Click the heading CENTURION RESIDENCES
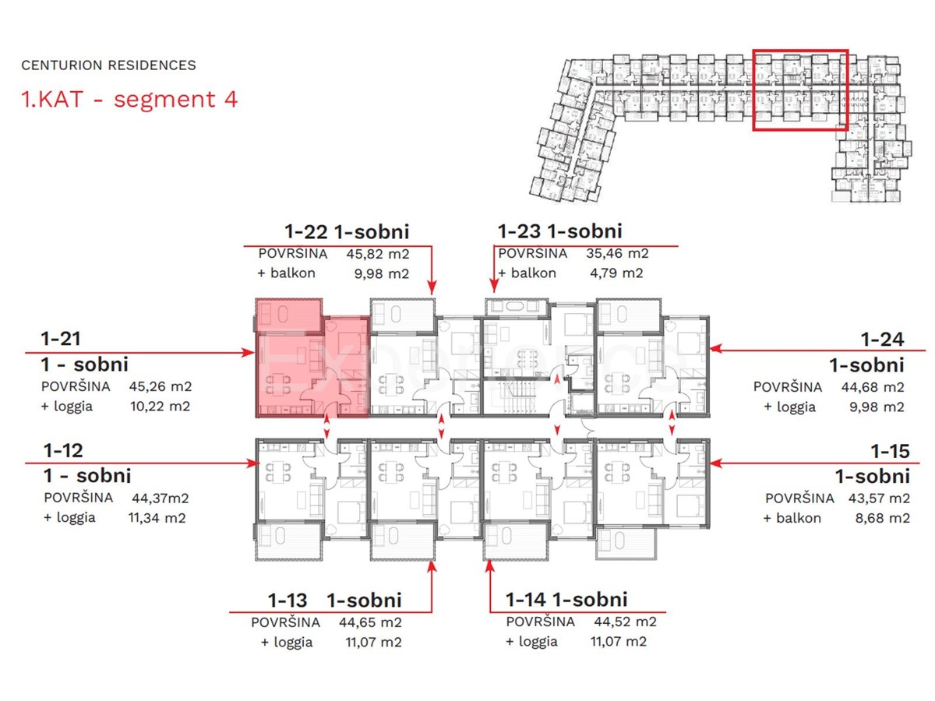tap(108, 65)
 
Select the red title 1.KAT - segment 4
tap(129, 100)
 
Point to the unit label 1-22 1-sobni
tap(347, 231)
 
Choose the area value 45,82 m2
tap(378, 253)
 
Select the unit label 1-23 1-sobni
tap(559, 231)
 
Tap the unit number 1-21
tap(62, 339)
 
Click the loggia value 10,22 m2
tap(159, 406)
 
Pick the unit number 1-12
tap(62, 450)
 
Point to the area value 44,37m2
tap(159, 498)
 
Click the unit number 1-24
tap(882, 339)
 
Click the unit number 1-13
tap(288, 600)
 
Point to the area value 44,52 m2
tap(625, 622)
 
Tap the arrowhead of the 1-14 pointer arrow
tap(489, 566)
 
